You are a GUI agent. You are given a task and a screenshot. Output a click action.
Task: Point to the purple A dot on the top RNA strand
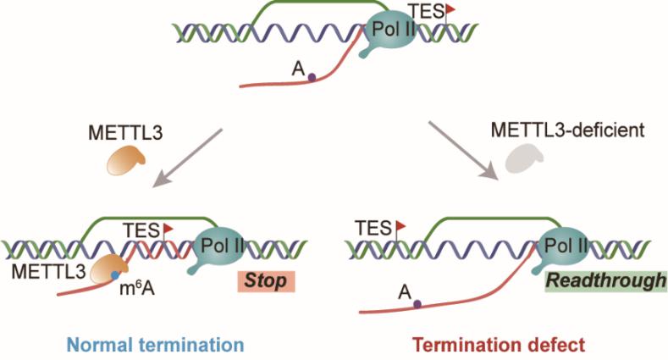point(312,78)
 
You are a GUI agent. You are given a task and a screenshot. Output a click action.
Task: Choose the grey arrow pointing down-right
point(463,151)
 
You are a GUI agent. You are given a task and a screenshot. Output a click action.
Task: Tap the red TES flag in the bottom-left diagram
point(168,228)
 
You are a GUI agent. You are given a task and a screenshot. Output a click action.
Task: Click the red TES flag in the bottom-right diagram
point(401,225)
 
